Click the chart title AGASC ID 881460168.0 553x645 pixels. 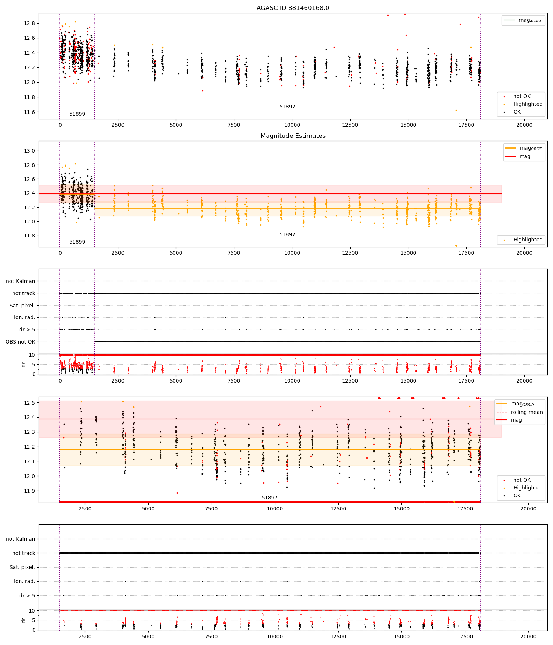293,8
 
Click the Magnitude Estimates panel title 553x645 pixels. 293,136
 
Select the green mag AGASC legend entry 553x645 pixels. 523,20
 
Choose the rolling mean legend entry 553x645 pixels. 520,412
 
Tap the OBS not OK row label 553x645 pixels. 20,342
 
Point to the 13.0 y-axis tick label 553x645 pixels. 29,151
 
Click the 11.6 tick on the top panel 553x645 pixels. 29,112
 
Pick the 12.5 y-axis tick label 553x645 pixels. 29,403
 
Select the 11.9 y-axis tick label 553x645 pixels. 29,491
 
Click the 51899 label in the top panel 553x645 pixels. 77,114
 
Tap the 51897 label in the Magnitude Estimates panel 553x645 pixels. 287,234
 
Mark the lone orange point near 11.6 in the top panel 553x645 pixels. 456,110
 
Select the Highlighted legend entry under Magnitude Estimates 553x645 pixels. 523,240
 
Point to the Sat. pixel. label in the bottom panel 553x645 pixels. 22,567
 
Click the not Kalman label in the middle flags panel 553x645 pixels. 21,281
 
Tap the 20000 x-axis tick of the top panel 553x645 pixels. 524,125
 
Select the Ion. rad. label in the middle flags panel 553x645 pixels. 25,317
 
